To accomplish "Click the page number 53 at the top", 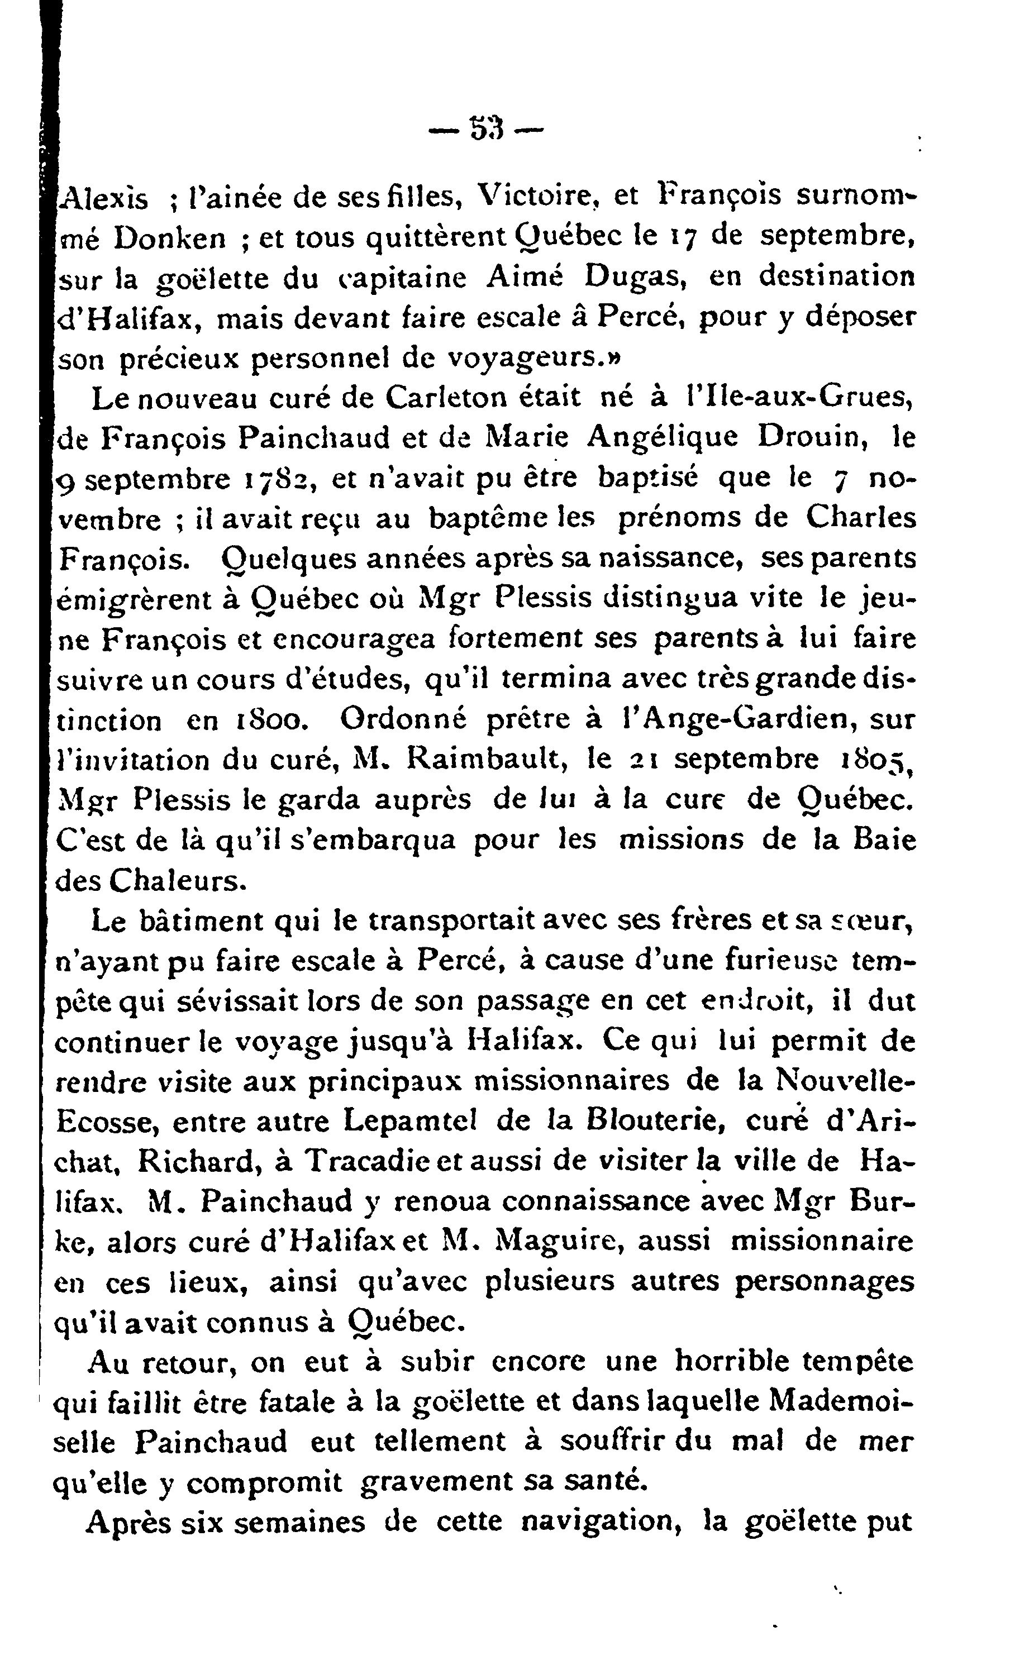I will [x=486, y=127].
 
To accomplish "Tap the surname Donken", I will [x=169, y=237].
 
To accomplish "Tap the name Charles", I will [x=861, y=518].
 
